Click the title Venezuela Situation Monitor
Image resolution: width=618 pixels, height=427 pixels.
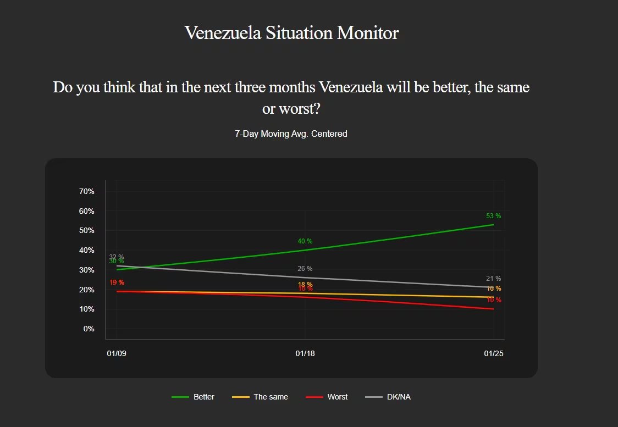pyautogui.click(x=291, y=33)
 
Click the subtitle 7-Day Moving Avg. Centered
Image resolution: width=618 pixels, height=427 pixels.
pyautogui.click(x=291, y=134)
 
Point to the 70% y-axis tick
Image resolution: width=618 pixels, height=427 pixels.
pyautogui.click(x=87, y=191)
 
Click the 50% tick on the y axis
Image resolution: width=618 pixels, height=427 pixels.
pyautogui.click(x=87, y=230)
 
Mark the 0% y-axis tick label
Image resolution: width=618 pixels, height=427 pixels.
pyautogui.click(x=89, y=329)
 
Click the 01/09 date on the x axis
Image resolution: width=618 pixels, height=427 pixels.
pyautogui.click(x=117, y=353)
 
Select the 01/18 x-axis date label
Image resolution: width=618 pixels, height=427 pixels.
pyautogui.click(x=305, y=353)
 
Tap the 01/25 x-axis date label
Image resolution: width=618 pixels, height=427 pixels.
pyautogui.click(x=494, y=353)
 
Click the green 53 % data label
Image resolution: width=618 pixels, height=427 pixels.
pyautogui.click(x=493, y=216)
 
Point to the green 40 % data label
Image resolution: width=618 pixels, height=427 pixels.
pyautogui.click(x=305, y=241)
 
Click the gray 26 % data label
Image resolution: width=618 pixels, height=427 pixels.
pyautogui.click(x=305, y=269)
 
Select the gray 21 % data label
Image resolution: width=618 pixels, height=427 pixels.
pyautogui.click(x=493, y=279)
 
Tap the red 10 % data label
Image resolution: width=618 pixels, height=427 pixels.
pyautogui.click(x=494, y=300)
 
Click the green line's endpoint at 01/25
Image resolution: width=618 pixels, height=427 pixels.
pyautogui.click(x=494, y=224)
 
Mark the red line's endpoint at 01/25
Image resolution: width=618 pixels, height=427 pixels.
pyautogui.click(x=494, y=309)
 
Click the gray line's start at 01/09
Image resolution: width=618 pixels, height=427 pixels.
pyautogui.click(x=117, y=265)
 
